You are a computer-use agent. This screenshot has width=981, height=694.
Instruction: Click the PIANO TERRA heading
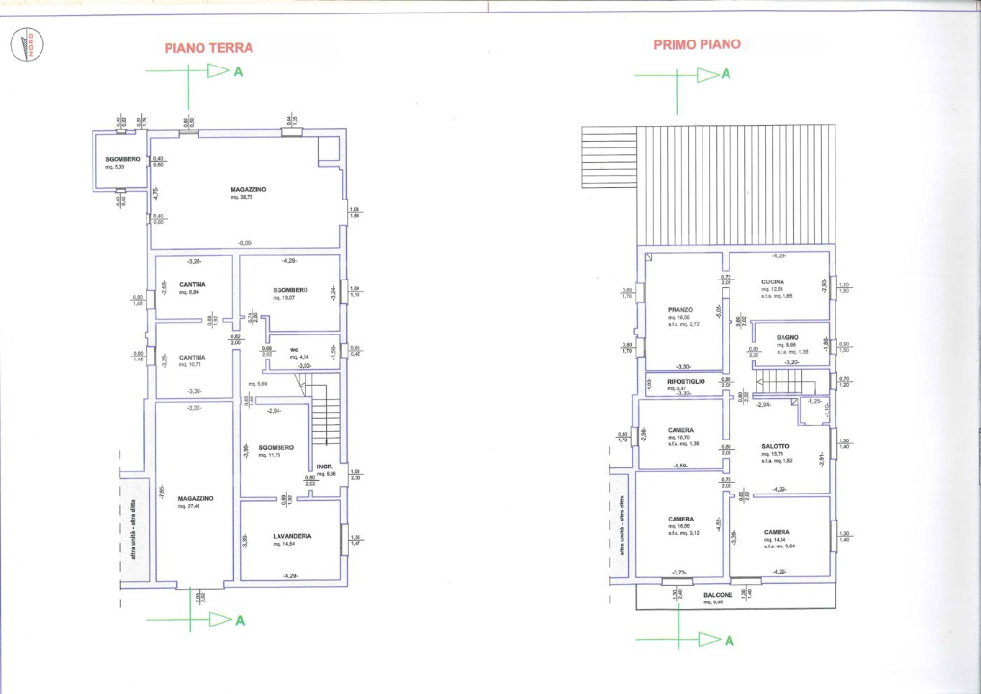point(209,47)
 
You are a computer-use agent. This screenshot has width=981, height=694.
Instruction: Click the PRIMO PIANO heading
point(697,44)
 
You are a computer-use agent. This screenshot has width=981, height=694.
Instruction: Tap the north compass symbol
point(26,45)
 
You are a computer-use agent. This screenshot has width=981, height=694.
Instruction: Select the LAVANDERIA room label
point(289,536)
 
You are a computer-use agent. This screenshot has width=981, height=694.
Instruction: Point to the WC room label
point(294,349)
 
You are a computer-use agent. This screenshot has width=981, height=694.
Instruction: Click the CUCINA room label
point(774,281)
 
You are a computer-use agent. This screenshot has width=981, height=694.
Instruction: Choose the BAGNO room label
point(787,337)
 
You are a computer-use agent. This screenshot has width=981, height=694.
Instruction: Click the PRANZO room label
point(680,310)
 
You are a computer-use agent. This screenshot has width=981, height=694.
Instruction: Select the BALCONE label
point(718,595)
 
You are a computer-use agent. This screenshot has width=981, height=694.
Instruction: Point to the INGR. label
point(325,467)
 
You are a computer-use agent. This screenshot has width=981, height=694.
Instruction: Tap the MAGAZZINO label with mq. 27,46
point(196,498)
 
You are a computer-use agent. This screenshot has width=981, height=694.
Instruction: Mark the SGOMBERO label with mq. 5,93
point(123,159)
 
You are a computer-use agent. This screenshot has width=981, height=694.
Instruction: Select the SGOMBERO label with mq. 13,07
point(289,290)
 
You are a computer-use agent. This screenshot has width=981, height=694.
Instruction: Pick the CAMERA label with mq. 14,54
point(778,532)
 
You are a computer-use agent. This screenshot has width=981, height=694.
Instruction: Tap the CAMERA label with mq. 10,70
point(681,430)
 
